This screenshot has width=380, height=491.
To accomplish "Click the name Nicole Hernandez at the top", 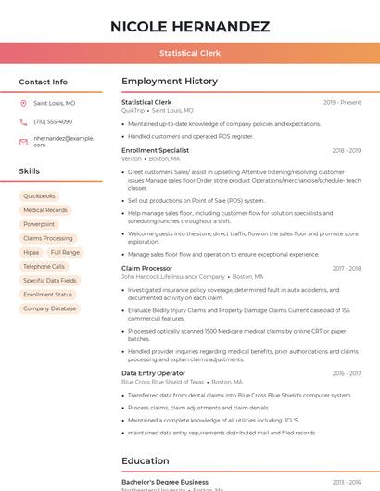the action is coord(190,26).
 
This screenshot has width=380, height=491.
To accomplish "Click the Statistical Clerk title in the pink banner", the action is coord(190,53).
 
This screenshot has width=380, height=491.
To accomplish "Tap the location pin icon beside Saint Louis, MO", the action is coord(23,104).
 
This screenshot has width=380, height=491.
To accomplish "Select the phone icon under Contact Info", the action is coord(23,121).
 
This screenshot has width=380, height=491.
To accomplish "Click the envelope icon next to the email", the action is coord(23,141).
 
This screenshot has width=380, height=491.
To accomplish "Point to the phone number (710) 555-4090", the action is coord(53,121).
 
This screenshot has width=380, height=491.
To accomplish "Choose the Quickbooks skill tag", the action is coord(40,196).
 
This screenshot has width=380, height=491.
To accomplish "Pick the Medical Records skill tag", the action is coord(45,210).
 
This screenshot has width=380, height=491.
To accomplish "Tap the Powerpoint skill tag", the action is coord(39,224).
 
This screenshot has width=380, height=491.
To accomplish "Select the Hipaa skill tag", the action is coord(32,252).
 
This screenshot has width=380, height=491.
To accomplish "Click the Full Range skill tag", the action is coord(65,252).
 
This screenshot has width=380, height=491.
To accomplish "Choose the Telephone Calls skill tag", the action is coord(44,266).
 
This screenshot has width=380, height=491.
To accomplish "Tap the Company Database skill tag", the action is coord(50,308).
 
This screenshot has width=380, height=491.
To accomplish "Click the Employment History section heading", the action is coord(170,82).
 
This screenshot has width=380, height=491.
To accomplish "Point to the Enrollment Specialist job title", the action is coord(155,150).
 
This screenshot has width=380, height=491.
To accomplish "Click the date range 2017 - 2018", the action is coord(347,268).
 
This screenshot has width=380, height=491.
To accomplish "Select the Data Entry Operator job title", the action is coord(153,373).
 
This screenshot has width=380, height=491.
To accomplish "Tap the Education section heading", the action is coord(146,460).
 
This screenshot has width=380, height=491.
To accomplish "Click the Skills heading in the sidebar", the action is coord(30,171).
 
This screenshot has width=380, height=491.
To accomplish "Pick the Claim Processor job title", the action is coord(147,268).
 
